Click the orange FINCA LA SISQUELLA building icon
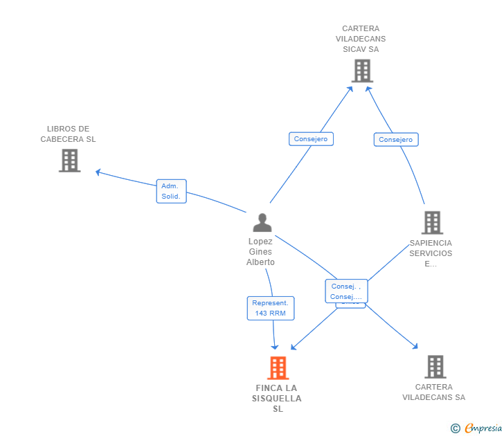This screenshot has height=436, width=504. click(x=278, y=368)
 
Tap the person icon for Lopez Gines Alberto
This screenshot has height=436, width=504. click(x=262, y=222)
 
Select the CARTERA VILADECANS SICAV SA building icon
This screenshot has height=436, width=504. click(x=362, y=71)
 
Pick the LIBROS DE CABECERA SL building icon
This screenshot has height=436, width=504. click(x=69, y=161)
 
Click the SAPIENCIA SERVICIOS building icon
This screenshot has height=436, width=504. click(x=432, y=222)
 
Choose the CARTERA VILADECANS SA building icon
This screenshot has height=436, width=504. click(x=435, y=367)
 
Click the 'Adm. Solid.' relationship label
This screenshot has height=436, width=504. click(x=170, y=191)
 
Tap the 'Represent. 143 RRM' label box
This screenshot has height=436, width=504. click(x=271, y=308)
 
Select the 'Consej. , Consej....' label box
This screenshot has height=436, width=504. click(x=346, y=291)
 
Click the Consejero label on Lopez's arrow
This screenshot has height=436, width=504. click(x=311, y=139)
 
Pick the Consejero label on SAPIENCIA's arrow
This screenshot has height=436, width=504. click(x=396, y=140)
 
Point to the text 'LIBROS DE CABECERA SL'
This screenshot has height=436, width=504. click(x=69, y=134)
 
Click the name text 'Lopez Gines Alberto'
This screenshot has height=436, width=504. click(x=260, y=252)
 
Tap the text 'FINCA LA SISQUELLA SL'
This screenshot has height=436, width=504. click(x=277, y=398)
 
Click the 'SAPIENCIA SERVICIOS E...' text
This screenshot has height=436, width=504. click(x=431, y=253)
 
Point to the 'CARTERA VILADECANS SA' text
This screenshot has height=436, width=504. click(x=434, y=392)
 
